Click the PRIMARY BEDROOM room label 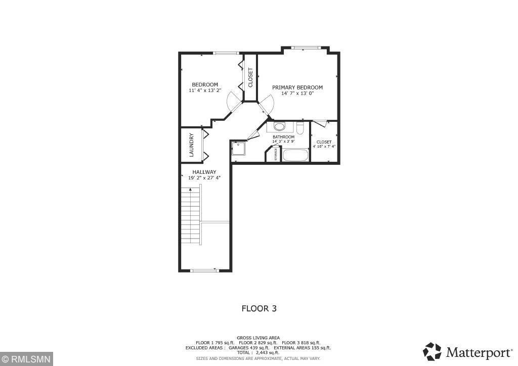pyautogui.click(x=297, y=87)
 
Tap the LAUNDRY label pyautogui.click(x=192, y=145)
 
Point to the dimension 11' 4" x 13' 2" pyautogui.click(x=205, y=90)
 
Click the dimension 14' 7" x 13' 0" pyautogui.click(x=297, y=94)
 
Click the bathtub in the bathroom pyautogui.click(x=295, y=155)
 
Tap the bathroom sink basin pyautogui.click(x=279, y=127)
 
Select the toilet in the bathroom pyautogui.click(x=300, y=129)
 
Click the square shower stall pyautogui.click(x=238, y=149)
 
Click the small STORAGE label pyautogui.click(x=276, y=155)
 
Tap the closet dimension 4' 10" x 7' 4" pyautogui.click(x=324, y=147)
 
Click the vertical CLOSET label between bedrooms pyautogui.click(x=250, y=77)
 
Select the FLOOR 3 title pyautogui.click(x=259, y=308)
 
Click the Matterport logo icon pyautogui.click(x=433, y=351)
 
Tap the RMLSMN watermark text pyautogui.click(x=25, y=359)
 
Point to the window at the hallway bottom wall pyautogui.click(x=204, y=270)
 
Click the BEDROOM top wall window pyautogui.click(x=225, y=53)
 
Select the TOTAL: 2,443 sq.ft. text pyautogui.click(x=258, y=352)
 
